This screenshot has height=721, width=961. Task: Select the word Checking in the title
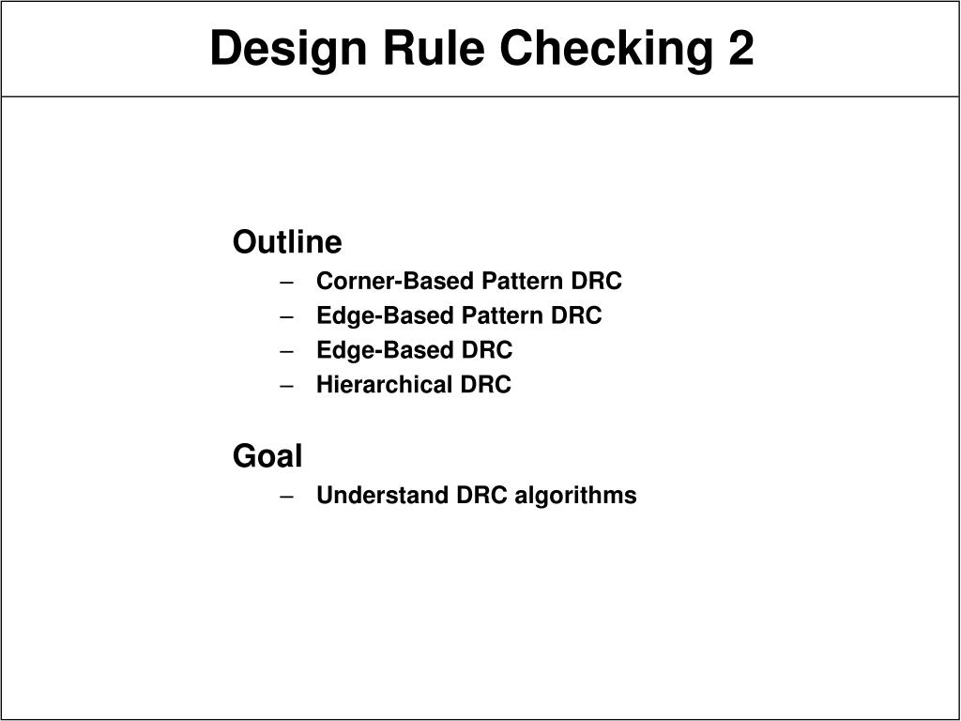click(587, 49)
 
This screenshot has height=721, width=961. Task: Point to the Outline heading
click(287, 242)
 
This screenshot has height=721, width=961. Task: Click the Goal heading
click(267, 457)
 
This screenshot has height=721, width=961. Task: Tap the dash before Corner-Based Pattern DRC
click(287, 282)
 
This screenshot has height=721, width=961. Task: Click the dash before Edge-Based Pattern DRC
click(287, 316)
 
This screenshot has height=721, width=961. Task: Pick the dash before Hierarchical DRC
click(287, 385)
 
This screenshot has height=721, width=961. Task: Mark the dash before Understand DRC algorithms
click(287, 496)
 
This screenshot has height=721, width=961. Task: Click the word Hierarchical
click(384, 385)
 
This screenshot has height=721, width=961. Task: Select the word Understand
click(383, 496)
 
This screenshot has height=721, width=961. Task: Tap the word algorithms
click(575, 496)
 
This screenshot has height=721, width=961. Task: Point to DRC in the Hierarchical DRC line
click(485, 385)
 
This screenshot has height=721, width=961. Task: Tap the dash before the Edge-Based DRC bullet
click(287, 351)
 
